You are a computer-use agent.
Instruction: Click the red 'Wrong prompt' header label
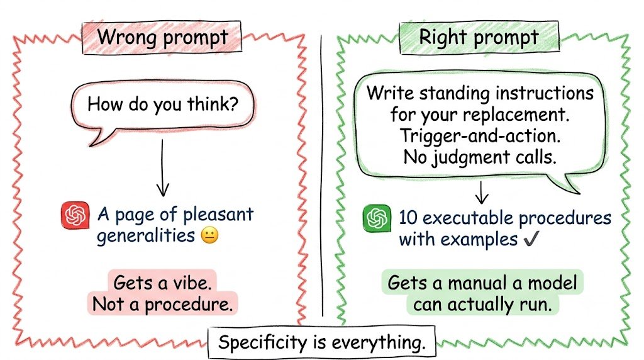click(x=162, y=37)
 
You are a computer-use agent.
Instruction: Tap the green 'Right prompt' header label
click(x=479, y=37)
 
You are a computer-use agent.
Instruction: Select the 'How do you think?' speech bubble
click(x=163, y=108)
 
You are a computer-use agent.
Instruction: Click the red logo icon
click(x=75, y=215)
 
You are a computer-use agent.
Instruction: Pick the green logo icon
click(x=377, y=218)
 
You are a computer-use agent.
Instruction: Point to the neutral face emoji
click(x=210, y=236)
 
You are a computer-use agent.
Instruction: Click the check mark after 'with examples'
click(x=531, y=239)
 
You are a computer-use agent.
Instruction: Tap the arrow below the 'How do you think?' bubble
click(x=163, y=167)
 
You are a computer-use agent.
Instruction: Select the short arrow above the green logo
click(x=481, y=192)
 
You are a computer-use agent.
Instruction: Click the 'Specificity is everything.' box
click(x=321, y=342)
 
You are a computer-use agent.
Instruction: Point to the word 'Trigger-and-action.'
click(x=480, y=136)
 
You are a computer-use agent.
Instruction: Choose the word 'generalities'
click(x=146, y=236)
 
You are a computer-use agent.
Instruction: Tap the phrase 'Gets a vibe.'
click(x=162, y=283)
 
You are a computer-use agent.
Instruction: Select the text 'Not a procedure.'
click(x=163, y=305)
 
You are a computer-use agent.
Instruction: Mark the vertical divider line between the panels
click(x=321, y=176)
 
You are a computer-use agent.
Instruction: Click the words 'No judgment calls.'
click(x=480, y=157)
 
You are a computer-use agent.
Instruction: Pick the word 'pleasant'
click(x=218, y=215)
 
